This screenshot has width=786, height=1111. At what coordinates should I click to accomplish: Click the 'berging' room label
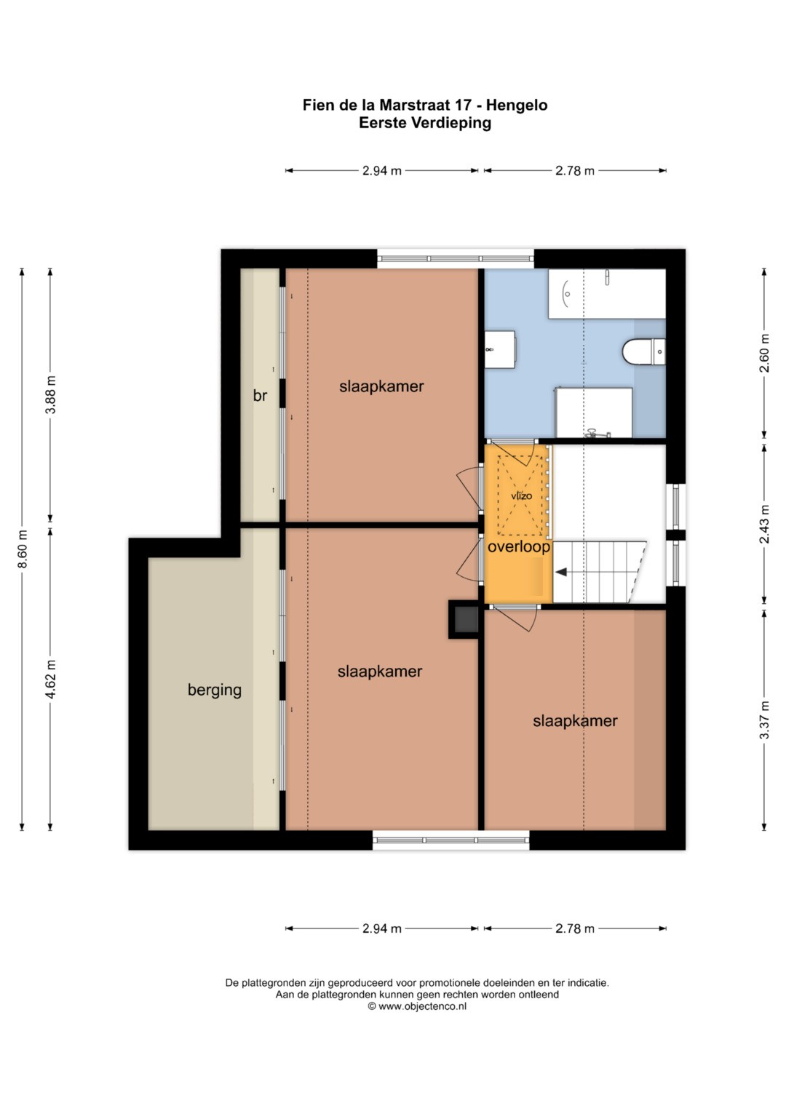pos(215,690)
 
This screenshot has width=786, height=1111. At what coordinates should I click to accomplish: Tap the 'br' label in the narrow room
pos(260,395)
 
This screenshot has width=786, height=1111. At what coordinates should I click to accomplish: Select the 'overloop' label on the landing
pos(518,546)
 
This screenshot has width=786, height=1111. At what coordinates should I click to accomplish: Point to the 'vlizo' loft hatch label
pos(522,495)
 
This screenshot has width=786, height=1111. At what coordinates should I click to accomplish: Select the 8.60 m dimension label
pos(23,549)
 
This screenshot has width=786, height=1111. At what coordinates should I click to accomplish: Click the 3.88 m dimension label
pos(51,395)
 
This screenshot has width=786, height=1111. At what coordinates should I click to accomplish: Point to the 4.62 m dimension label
pos(51,679)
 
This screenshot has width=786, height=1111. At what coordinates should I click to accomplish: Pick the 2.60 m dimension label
pos(765,353)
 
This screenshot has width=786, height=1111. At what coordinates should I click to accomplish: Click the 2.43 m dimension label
pos(765,525)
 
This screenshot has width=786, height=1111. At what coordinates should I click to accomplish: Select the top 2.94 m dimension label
pos(381,171)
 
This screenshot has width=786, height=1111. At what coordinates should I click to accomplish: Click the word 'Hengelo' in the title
pos(517,105)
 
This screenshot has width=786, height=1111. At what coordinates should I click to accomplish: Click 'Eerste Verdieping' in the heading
pos(425,122)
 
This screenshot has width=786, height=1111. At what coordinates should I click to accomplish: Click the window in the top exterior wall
pos(455,258)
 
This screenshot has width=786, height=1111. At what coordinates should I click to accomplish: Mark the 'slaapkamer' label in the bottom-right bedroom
pos(575,721)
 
